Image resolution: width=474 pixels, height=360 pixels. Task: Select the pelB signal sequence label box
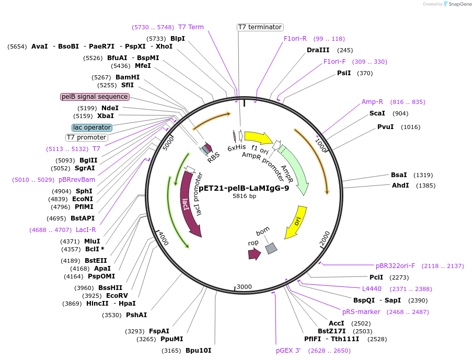pyautogui.click(x=95, y=97)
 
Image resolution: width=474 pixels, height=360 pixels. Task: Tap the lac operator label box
pyautogui.click(x=92, y=127)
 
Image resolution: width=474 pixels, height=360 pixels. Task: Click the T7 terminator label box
pyautogui.click(x=260, y=27)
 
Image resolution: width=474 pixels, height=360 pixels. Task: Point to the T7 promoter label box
pyautogui.click(x=86, y=137)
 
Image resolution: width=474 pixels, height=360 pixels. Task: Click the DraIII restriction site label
pyautogui.click(x=318, y=50)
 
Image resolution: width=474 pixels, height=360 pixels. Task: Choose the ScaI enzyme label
pyautogui.click(x=377, y=113)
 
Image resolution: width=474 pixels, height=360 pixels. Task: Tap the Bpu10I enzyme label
pyautogui.click(x=198, y=350)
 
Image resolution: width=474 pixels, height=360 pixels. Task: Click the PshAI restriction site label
pyautogui.click(x=136, y=315)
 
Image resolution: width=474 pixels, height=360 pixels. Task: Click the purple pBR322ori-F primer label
pyautogui.click(x=395, y=266)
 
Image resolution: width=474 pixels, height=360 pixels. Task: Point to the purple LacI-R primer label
pyautogui.click(x=86, y=229)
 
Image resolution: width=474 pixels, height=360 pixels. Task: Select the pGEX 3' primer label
pyautogui.click(x=288, y=351)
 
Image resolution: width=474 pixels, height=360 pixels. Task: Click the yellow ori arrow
pyautogui.click(x=295, y=222)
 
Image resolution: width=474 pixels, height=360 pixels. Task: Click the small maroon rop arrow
pyautogui.click(x=255, y=254)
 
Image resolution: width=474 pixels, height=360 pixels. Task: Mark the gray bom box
pyautogui.click(x=271, y=248)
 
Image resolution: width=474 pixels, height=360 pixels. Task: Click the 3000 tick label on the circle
pyautogui.click(x=244, y=287)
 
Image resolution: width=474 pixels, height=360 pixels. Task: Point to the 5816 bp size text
pyautogui.click(x=244, y=196)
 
